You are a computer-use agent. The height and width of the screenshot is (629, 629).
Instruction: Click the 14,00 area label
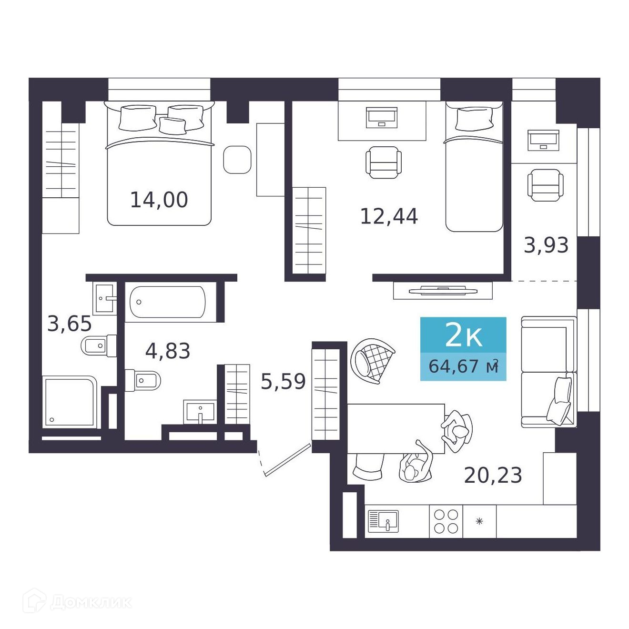(x=159, y=200)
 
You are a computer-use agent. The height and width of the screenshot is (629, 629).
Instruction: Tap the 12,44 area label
(x=389, y=216)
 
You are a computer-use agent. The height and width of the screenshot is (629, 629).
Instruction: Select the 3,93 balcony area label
(x=546, y=245)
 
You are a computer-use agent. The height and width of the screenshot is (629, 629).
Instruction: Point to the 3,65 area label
(x=70, y=324)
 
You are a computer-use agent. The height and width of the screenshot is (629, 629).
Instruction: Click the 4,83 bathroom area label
(x=168, y=351)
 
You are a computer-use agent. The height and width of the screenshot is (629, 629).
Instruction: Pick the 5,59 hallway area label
(x=284, y=381)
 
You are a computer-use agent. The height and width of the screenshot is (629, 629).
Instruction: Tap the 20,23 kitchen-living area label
(x=493, y=475)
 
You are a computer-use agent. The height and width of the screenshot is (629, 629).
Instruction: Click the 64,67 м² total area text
(x=464, y=366)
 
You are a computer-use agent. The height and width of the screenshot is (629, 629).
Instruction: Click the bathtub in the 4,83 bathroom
(x=168, y=302)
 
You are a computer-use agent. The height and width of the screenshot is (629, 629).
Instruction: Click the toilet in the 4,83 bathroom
(x=143, y=380)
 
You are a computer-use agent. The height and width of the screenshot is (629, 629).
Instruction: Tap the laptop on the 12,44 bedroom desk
(x=382, y=118)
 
